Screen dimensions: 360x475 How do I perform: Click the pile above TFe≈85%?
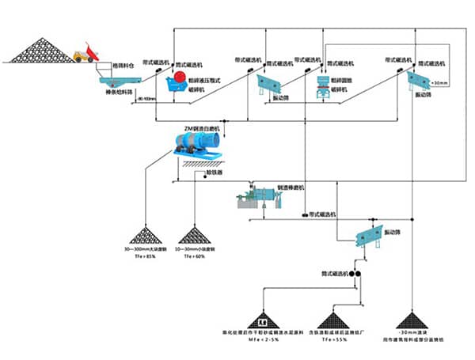(144, 235)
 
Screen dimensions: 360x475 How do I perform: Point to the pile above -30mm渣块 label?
(412, 319)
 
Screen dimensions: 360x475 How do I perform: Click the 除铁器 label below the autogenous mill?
(213, 172)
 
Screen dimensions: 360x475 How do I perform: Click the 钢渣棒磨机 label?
(290, 187)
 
